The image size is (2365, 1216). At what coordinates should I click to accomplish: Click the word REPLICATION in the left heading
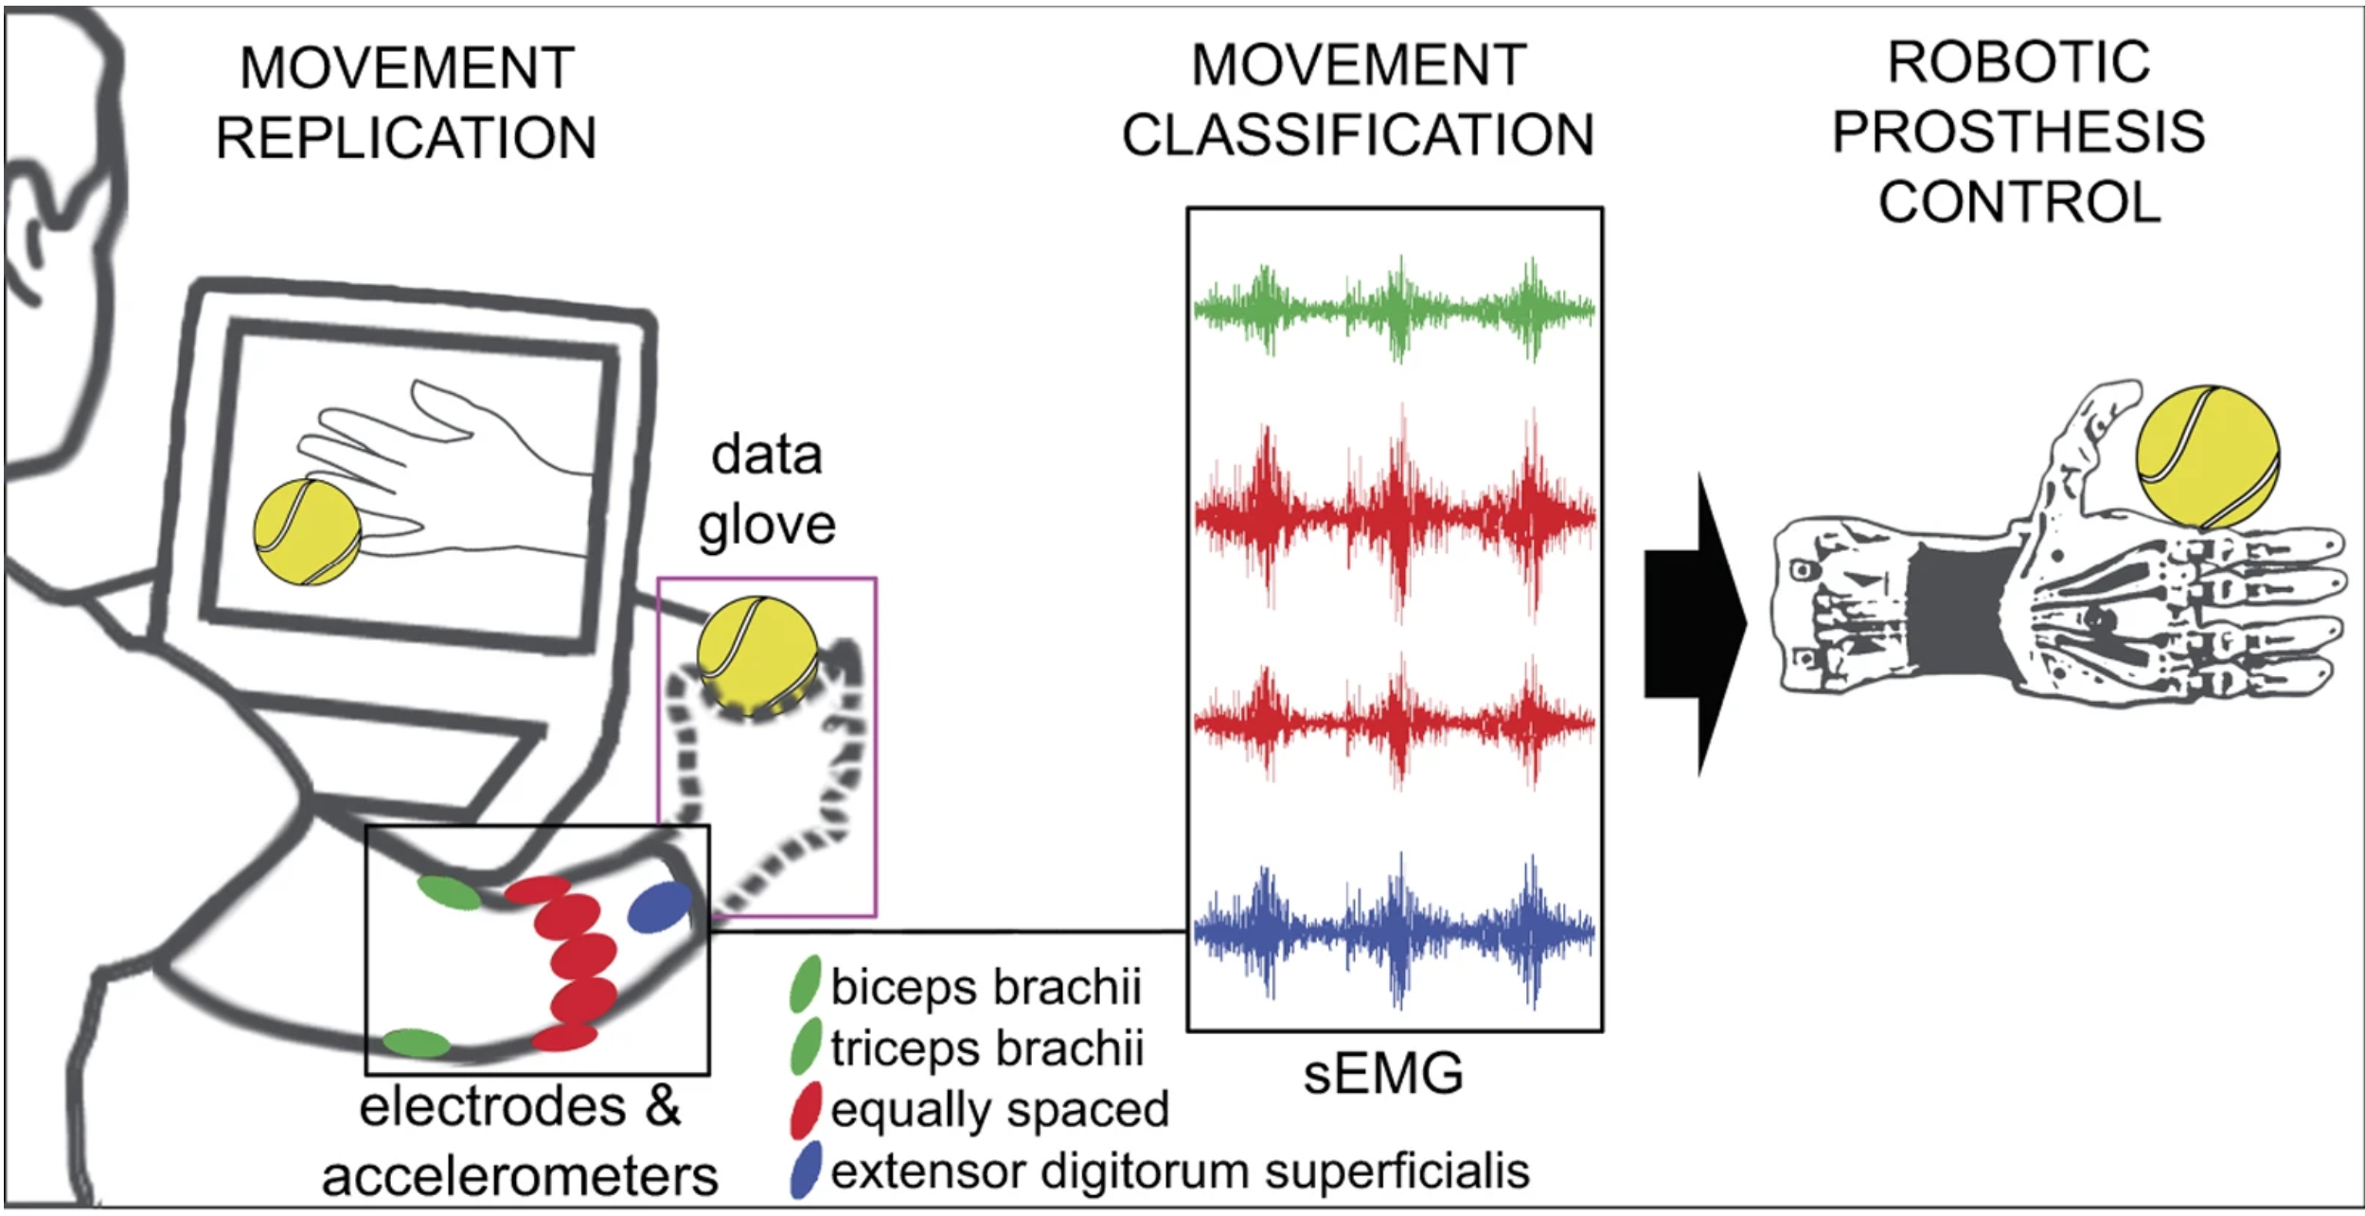[x=406, y=138]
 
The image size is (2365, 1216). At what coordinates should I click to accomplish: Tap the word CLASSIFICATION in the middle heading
[x=1358, y=134]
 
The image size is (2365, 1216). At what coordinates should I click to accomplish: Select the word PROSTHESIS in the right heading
[x=2018, y=132]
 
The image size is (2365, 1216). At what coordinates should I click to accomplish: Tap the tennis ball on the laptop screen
[x=307, y=531]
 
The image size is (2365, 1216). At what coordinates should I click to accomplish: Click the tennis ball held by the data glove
[x=757, y=654]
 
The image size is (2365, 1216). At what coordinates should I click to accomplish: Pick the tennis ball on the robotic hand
[x=2208, y=456]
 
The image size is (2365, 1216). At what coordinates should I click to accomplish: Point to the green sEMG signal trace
[x=1394, y=309]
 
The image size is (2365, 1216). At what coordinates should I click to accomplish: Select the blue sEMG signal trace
[x=1394, y=930]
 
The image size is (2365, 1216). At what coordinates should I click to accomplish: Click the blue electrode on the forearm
[x=660, y=906]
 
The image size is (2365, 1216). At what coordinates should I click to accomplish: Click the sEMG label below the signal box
[x=1383, y=1074]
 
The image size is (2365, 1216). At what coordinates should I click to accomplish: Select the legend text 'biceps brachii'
[x=986, y=987]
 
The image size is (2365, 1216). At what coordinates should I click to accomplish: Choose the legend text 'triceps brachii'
[x=987, y=1048]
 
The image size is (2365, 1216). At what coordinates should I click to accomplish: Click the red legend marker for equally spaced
[x=805, y=1110]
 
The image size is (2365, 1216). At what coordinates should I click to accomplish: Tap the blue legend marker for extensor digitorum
[x=805, y=1171]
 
